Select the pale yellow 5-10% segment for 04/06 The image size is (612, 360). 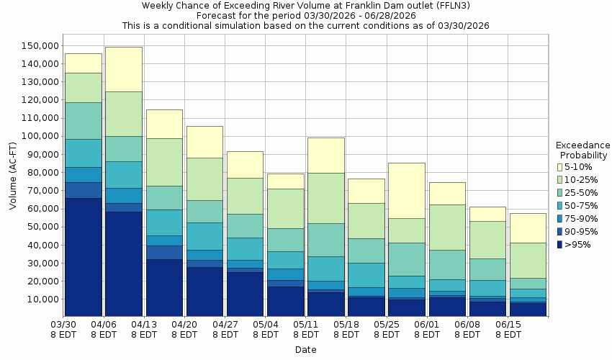pyautogui.click(x=123, y=69)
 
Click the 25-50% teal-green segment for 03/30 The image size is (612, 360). pyautogui.click(x=83, y=120)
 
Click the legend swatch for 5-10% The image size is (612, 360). pyautogui.click(x=559, y=167)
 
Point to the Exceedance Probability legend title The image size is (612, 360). pyautogui.click(x=582, y=150)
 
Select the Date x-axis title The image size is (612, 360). pyautogui.click(x=305, y=350)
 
